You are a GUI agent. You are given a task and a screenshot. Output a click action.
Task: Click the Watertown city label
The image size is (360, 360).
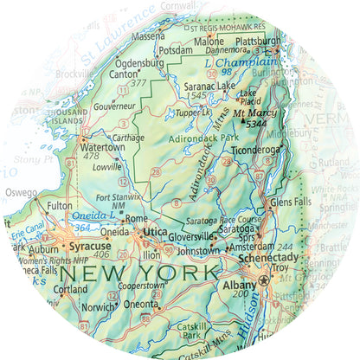(x=102, y=146)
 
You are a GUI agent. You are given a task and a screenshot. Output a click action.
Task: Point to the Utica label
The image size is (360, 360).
(x=154, y=234)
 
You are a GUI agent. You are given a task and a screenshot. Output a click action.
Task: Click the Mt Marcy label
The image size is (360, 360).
(x=251, y=112)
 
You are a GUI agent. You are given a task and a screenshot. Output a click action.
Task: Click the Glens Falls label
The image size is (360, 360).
(x=292, y=201)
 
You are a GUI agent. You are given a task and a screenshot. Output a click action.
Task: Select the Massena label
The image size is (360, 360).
(x=147, y=36)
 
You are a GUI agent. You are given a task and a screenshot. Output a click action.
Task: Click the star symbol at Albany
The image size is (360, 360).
(x=264, y=283)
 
